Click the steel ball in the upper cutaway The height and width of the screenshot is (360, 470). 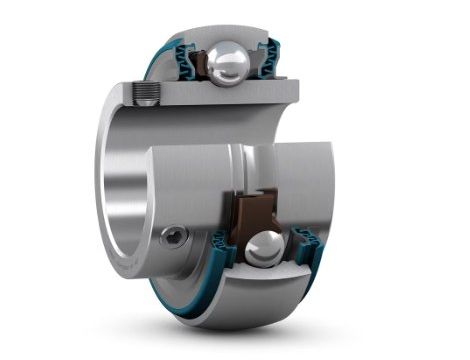click(x=228, y=66)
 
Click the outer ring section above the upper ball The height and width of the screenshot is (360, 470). click(x=225, y=35)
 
